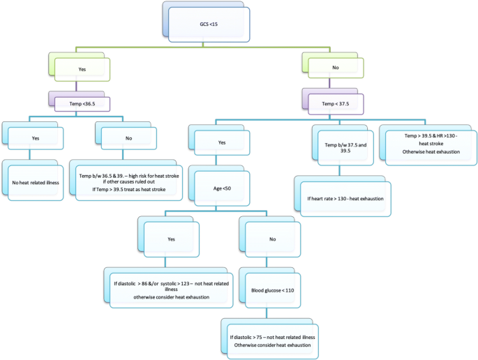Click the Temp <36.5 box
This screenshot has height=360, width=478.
[x=84, y=103]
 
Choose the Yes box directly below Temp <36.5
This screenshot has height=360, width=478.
[x=36, y=138]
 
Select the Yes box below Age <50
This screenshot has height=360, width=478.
[x=171, y=239]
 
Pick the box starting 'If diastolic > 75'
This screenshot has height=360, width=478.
[x=272, y=340]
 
